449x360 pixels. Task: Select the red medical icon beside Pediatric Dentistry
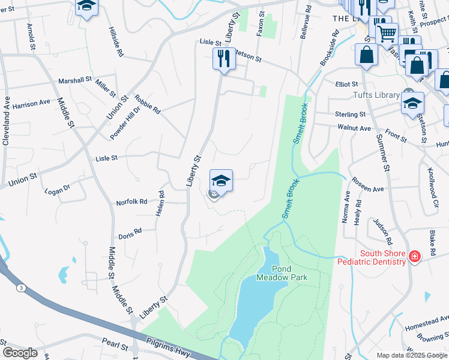click(x=414, y=257)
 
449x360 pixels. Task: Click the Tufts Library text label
click(x=376, y=95)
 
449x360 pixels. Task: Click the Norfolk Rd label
click(x=131, y=202)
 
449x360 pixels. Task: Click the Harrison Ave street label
click(x=31, y=103)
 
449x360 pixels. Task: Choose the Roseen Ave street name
click(x=367, y=185)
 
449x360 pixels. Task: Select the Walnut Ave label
click(x=354, y=128)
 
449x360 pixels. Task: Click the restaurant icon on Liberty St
click(x=223, y=59)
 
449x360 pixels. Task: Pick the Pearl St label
click(x=115, y=347)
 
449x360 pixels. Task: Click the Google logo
click(x=20, y=353)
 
